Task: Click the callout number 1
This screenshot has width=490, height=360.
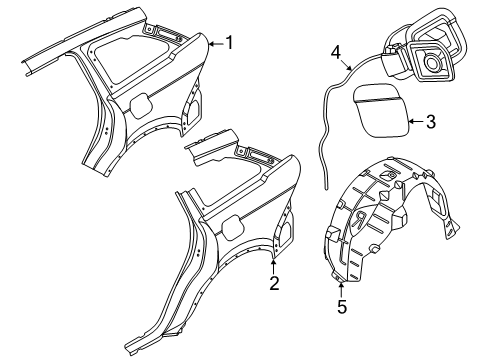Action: pyautogui.click(x=229, y=42)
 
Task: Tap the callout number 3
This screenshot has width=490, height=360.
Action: pyautogui.click(x=430, y=122)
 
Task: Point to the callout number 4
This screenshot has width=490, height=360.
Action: pyautogui.click(x=335, y=51)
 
